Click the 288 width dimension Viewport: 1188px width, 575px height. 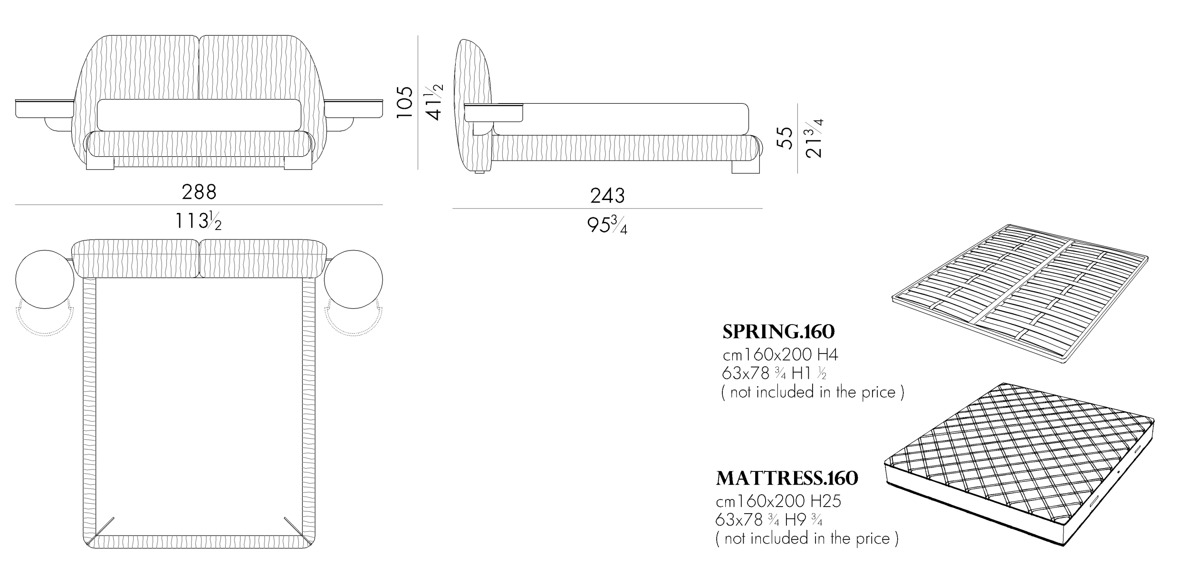click(x=199, y=192)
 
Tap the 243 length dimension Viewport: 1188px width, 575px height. click(x=607, y=196)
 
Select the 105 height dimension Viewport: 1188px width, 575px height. click(x=405, y=102)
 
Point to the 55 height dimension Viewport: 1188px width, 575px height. click(x=787, y=138)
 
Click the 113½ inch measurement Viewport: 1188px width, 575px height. click(x=198, y=221)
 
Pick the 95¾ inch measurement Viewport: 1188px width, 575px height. click(x=607, y=225)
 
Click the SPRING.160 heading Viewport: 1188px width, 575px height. click(x=778, y=332)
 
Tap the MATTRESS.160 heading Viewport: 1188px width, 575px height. click(x=787, y=479)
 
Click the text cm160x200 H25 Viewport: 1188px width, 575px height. click(x=778, y=501)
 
